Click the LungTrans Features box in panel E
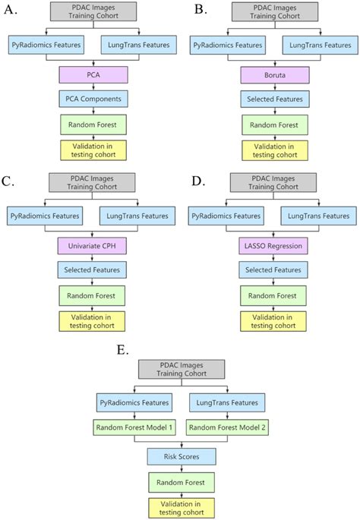click(226, 402)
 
